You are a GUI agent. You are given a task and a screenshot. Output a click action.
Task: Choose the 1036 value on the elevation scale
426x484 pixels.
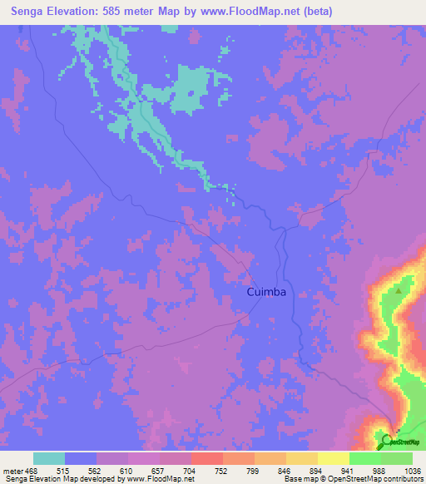coord(412,470)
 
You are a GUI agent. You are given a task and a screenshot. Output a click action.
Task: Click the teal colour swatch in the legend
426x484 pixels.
coord(49,458)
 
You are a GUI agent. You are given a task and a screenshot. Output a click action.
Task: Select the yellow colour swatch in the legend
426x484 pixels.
coord(333,458)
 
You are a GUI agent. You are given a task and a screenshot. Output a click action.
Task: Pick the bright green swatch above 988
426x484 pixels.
coord(364,458)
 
